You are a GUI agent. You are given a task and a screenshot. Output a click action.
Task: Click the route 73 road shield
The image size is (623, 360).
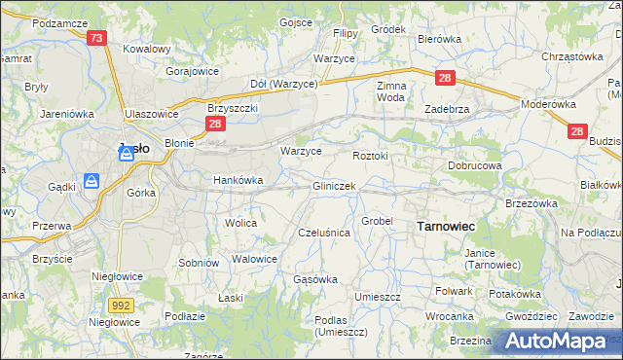point(95,38)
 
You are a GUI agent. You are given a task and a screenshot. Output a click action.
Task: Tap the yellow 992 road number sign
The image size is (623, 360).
point(121,306)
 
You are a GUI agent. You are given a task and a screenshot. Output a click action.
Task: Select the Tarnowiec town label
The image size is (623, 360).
point(446,226)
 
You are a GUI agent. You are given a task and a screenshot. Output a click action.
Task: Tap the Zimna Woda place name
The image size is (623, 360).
point(390,91)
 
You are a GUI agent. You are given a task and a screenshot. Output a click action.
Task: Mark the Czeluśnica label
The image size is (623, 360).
point(323,234)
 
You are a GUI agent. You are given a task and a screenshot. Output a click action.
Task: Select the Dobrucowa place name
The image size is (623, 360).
point(474,166)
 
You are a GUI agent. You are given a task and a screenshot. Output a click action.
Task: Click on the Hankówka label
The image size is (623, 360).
point(238,180)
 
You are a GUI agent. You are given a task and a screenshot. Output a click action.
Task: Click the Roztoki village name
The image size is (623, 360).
point(370,155)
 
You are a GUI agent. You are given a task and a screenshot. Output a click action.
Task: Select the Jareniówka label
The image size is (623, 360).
point(66,114)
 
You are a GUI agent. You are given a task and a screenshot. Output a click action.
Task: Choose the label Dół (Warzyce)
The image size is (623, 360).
point(284,84)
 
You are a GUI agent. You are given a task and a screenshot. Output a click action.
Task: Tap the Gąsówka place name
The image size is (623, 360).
point(315,279)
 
